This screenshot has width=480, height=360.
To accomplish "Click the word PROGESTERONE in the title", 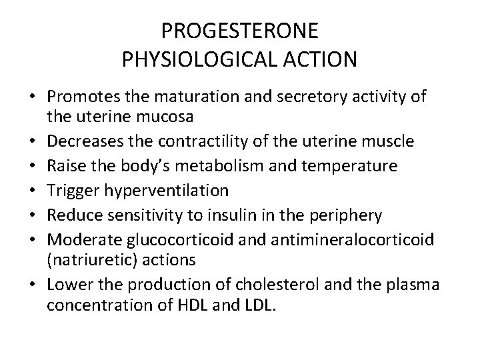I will pos(239,31).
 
